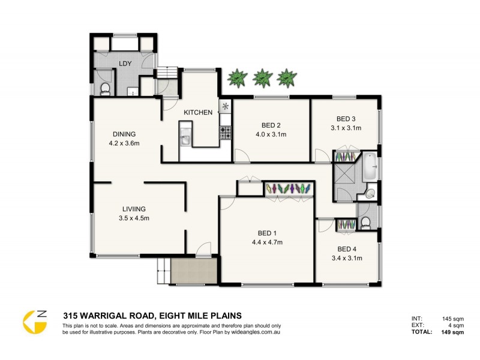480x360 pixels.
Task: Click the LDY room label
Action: [x=125, y=64]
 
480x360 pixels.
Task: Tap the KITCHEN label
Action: [x=197, y=112]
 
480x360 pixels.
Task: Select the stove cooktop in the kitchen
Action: [x=226, y=133]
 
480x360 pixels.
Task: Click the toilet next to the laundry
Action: [x=105, y=89]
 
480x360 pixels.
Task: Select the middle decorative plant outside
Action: [x=262, y=77]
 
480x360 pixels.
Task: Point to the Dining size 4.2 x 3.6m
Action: [x=124, y=143]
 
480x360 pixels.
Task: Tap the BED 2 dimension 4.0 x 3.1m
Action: [x=271, y=134]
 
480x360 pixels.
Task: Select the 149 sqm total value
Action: [x=453, y=332]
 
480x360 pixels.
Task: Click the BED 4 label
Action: [x=346, y=249]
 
